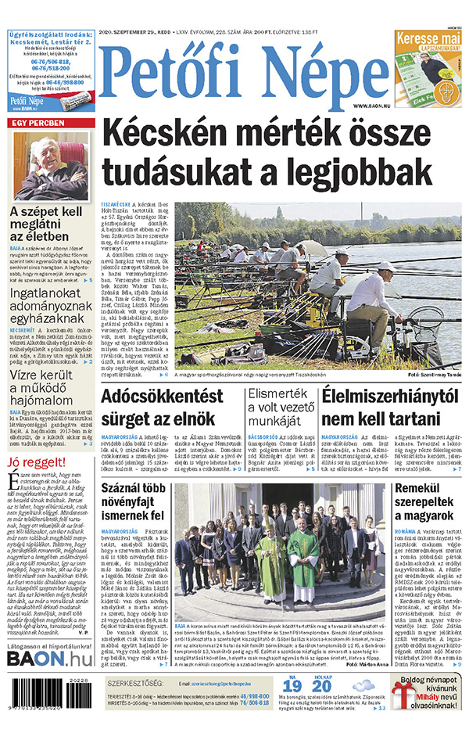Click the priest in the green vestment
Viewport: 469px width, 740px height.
tap(303, 556)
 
